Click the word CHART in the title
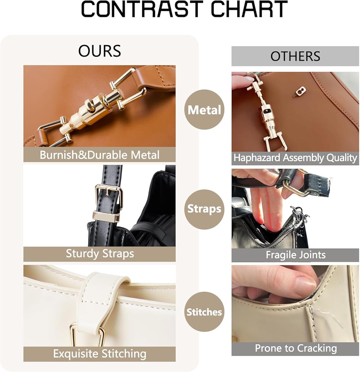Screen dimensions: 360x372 [249, 10]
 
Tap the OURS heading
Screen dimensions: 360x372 [100, 51]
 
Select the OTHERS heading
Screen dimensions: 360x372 [295, 56]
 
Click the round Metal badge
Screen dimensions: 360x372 [204, 110]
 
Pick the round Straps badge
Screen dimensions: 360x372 [204, 209]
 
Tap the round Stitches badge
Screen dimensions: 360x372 [204, 312]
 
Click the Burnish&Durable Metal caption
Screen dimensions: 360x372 [100, 155]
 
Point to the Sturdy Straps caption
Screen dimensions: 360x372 [100, 254]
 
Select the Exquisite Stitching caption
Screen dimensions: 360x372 [100, 354]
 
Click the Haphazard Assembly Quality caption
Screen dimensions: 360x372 [295, 158]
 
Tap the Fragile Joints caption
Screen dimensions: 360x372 [295, 255]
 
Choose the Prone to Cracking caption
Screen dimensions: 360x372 [296, 349]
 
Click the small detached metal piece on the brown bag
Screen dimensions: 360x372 [300, 91]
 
